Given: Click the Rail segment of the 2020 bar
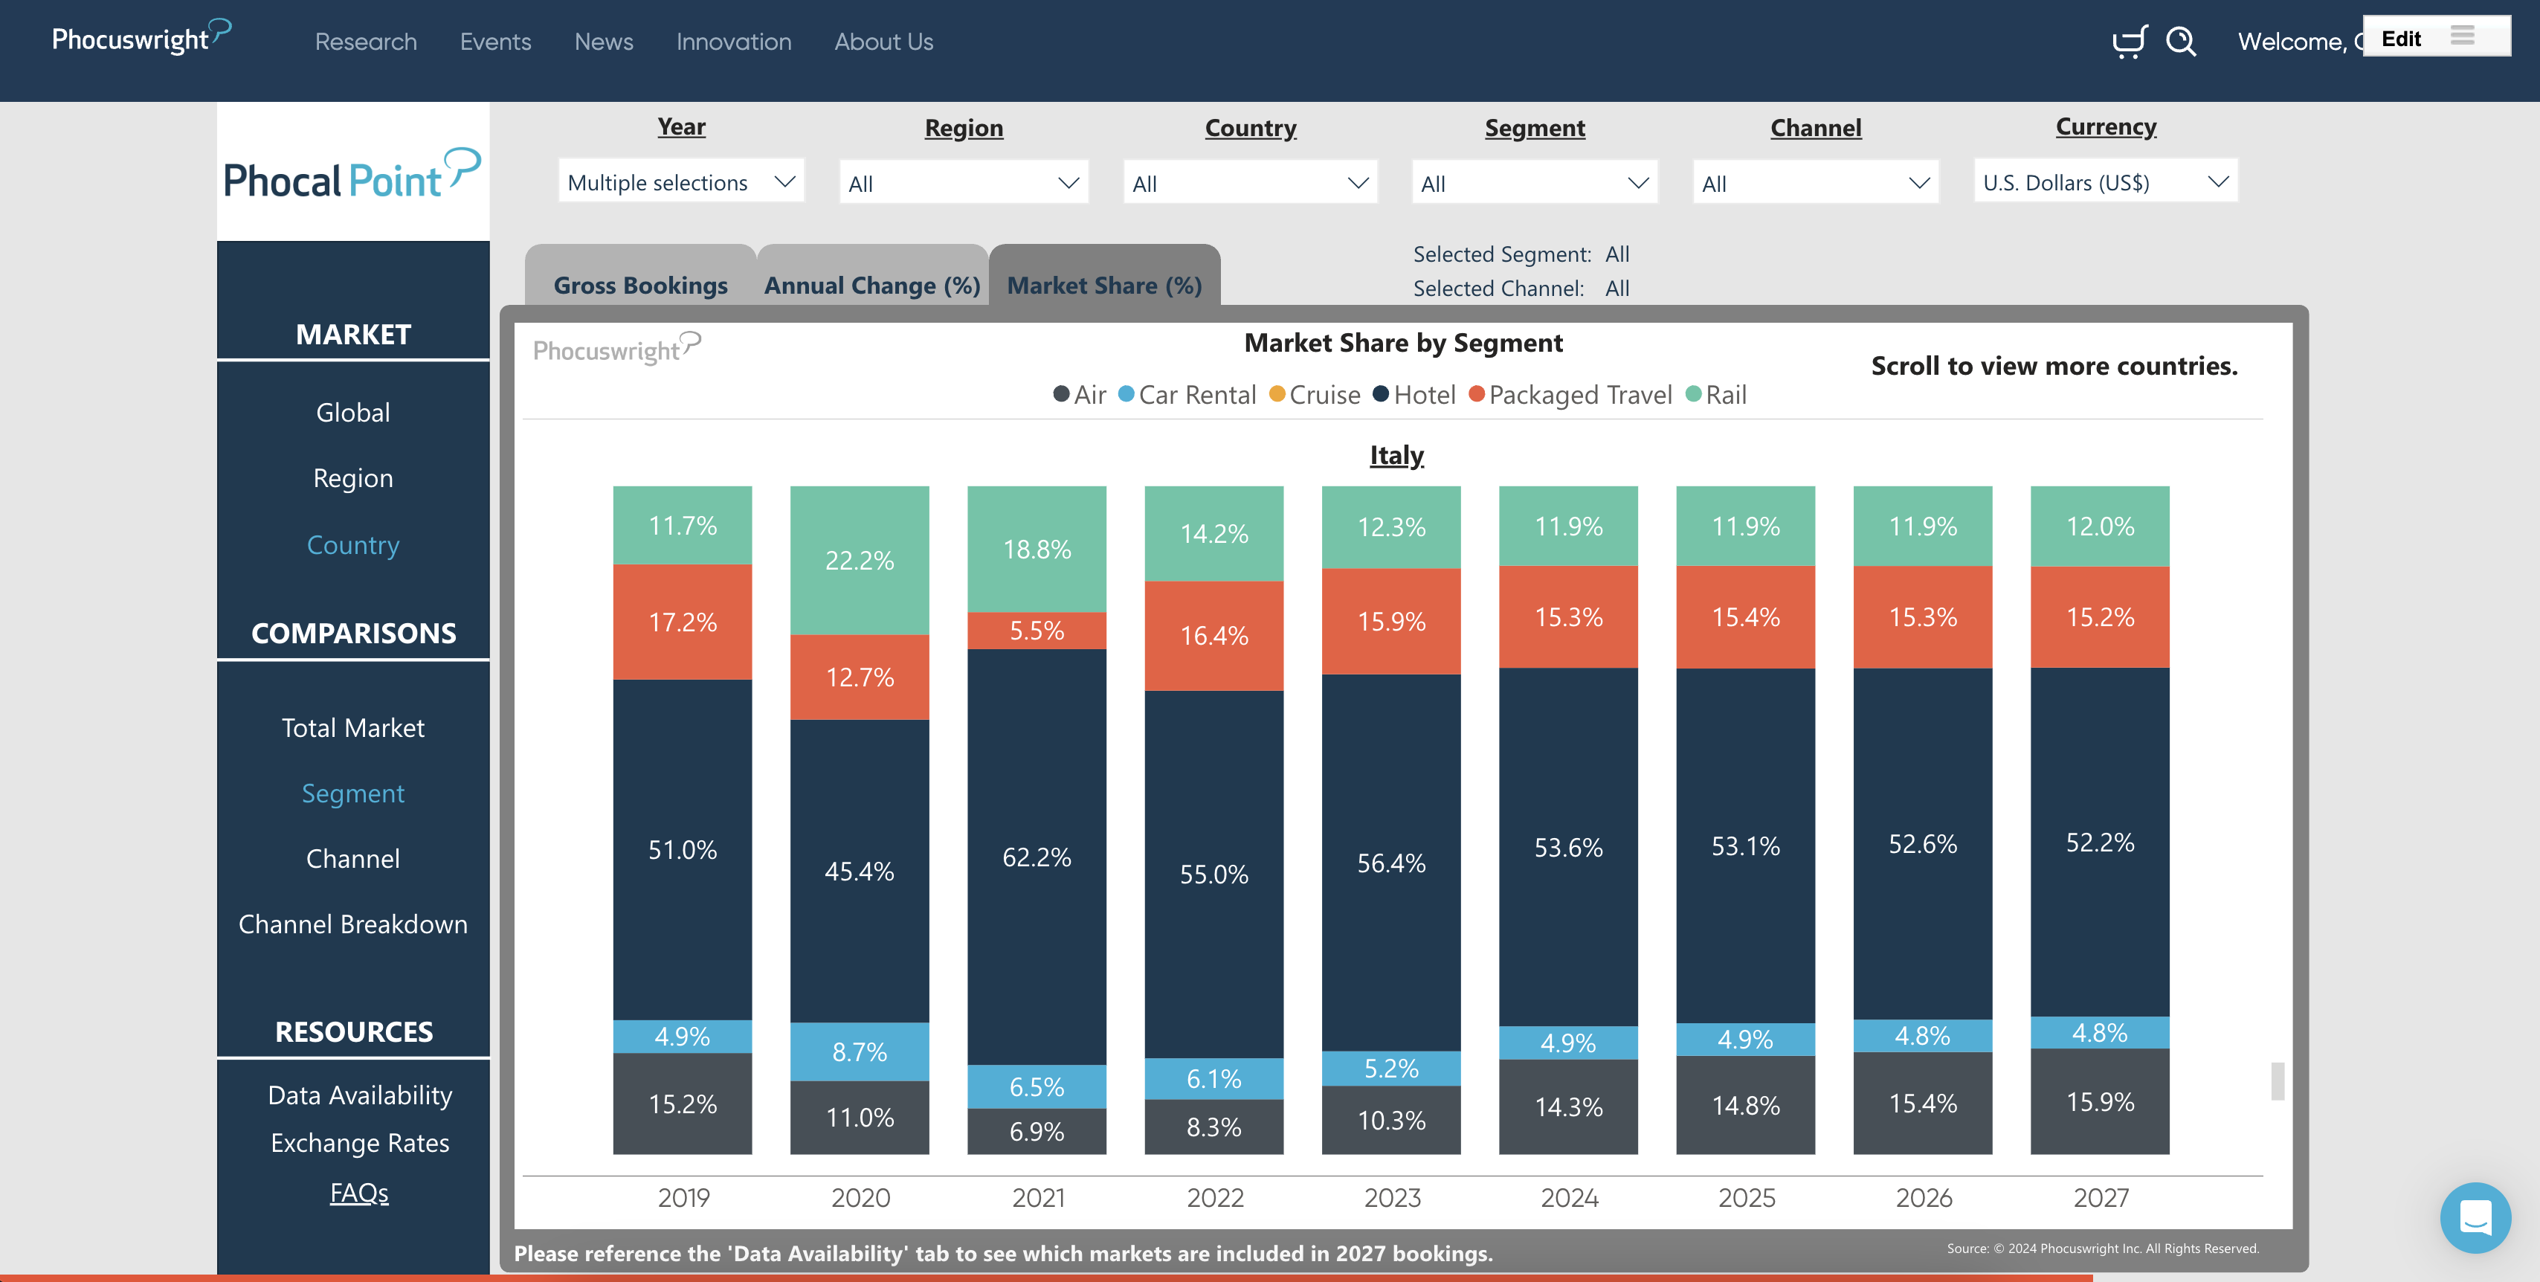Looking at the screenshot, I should point(859,560).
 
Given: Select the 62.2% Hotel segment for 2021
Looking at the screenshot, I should point(1037,856).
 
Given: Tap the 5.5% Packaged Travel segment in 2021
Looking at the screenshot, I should point(1037,630).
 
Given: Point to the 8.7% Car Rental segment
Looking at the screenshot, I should point(859,1051).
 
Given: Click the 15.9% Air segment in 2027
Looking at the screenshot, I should point(2099,1101).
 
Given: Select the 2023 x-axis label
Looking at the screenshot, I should point(1391,1197).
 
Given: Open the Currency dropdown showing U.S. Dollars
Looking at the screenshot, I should point(2104,182).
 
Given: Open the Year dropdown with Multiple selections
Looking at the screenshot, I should point(680,182).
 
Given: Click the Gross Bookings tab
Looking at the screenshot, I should point(640,285).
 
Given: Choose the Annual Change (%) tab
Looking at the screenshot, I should point(871,285).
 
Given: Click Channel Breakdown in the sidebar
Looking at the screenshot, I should point(353,924).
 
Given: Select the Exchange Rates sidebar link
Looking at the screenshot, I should point(360,1143).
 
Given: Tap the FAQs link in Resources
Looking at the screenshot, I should point(359,1192).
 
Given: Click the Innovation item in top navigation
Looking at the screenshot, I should point(734,42).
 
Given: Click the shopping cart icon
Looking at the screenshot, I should point(2129,42).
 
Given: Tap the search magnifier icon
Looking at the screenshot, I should point(2180,42).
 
